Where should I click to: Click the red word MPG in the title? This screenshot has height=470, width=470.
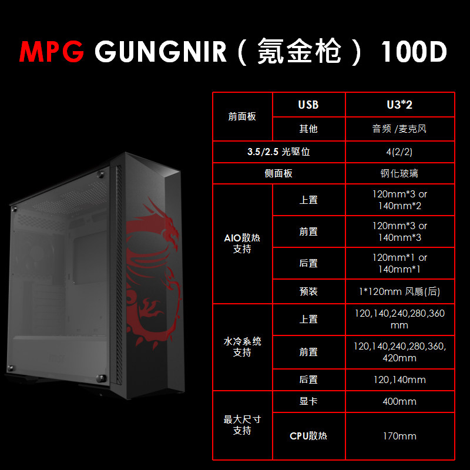[53, 52]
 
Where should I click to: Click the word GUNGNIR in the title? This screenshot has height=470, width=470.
[160, 52]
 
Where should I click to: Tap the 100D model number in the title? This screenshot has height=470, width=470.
[414, 52]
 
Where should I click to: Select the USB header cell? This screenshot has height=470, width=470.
[308, 105]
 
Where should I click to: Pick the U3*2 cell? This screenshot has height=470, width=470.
[399, 105]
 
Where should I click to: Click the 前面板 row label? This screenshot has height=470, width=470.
[242, 116]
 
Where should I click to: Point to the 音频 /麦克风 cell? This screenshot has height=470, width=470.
[399, 129]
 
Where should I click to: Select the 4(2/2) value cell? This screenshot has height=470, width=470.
[399, 152]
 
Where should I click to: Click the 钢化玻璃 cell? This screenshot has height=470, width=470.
[399, 173]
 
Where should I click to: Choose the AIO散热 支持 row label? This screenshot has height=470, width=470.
[242, 243]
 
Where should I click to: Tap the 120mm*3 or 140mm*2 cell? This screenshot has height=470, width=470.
[399, 200]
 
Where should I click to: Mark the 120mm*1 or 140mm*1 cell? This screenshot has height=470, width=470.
[399, 263]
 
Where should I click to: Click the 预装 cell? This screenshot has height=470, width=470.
[308, 291]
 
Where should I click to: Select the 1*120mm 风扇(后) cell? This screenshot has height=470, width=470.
[399, 291]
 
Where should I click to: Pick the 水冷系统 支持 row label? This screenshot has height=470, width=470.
[242, 347]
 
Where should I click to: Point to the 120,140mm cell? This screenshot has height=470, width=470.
[399, 380]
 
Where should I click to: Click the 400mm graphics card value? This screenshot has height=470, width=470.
[399, 401]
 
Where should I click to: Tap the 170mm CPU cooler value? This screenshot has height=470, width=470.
[399, 436]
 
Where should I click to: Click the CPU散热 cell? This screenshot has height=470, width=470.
[308, 436]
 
